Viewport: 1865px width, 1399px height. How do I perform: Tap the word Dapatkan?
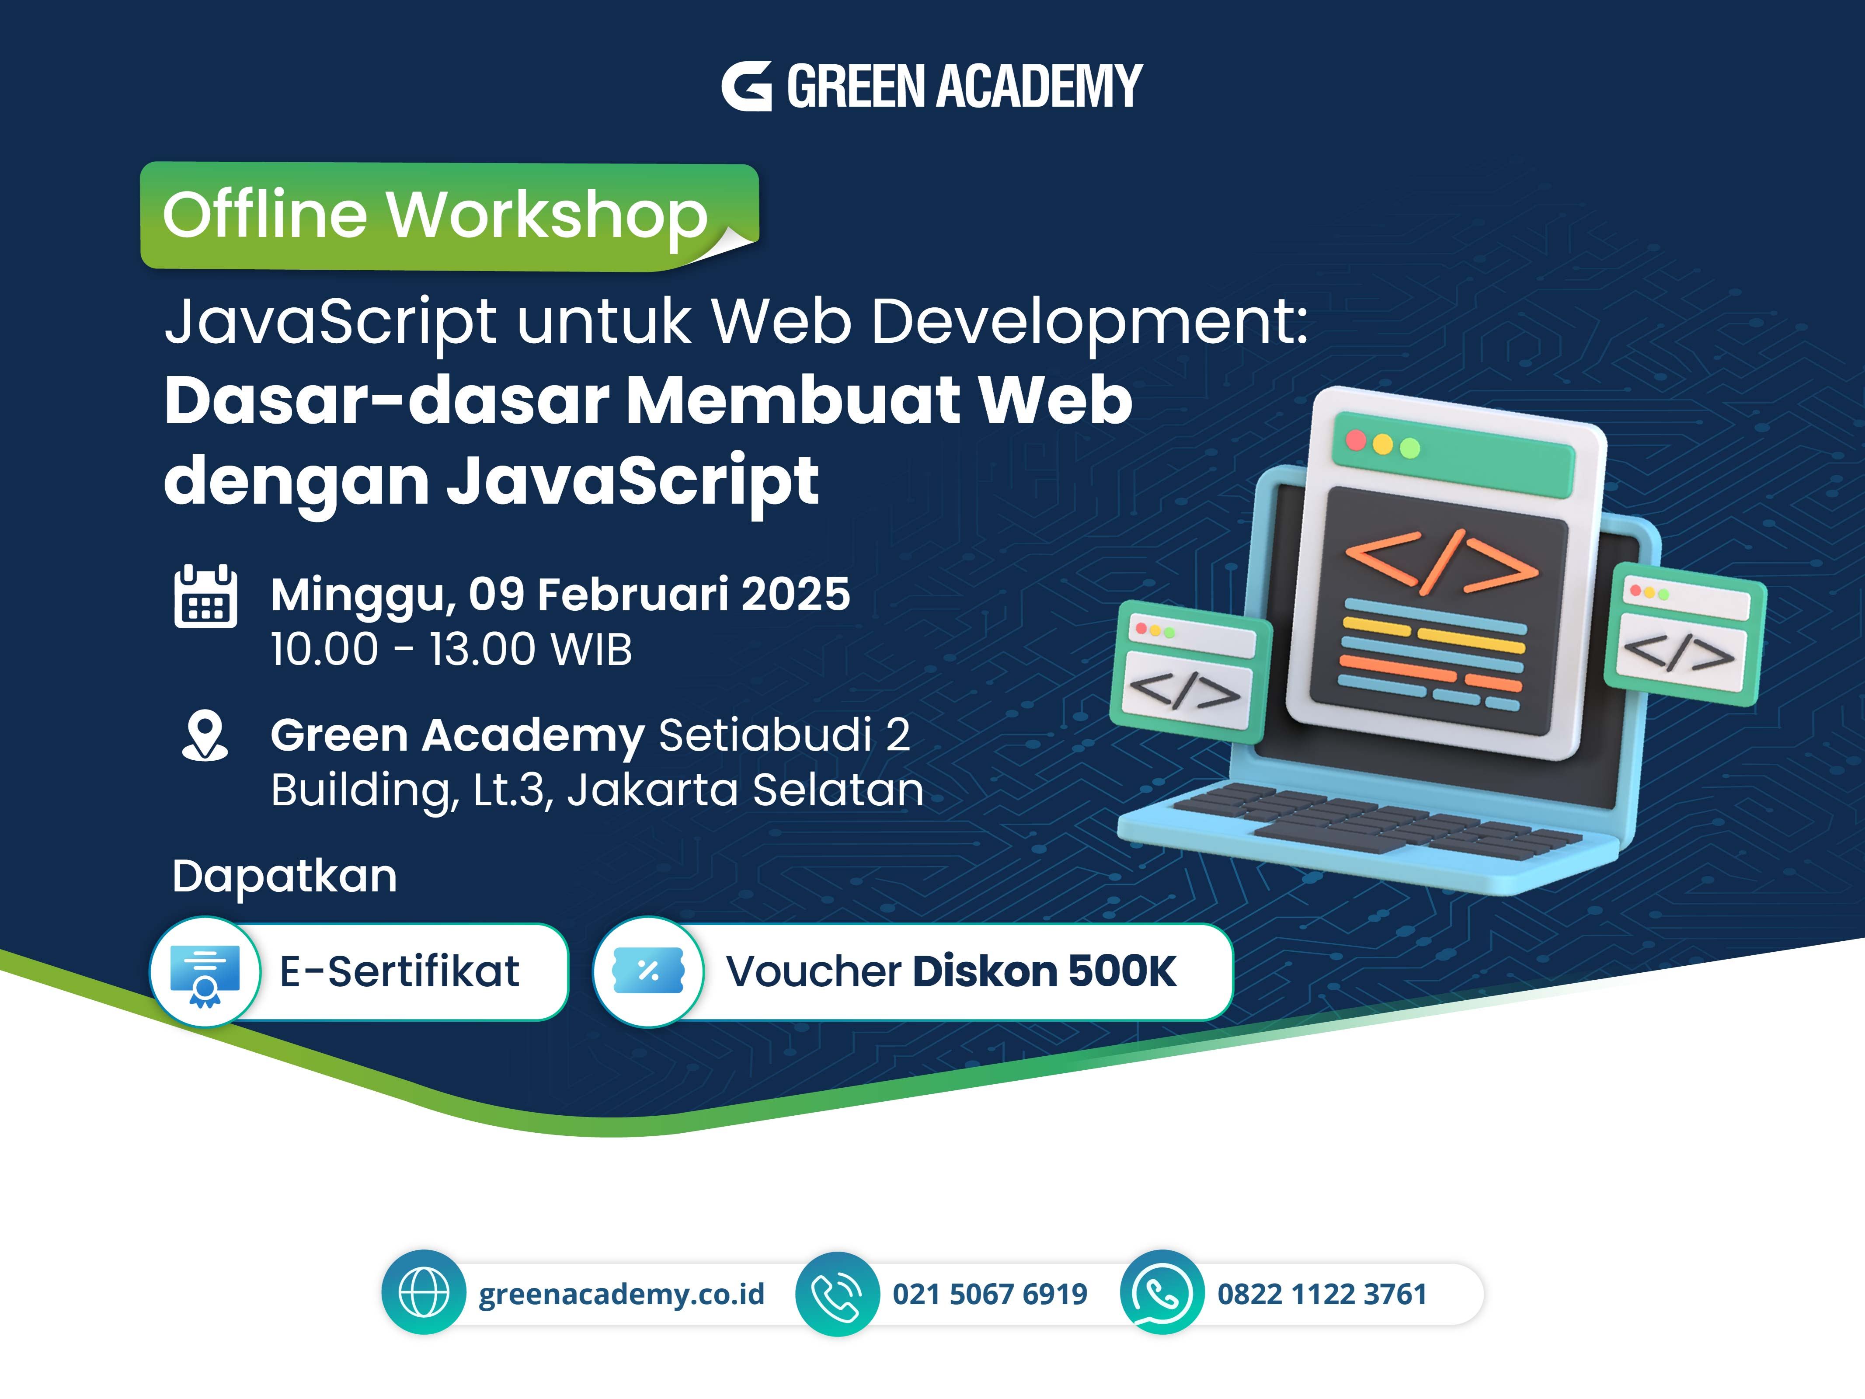point(284,876)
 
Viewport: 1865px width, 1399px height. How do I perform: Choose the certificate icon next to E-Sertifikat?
point(205,972)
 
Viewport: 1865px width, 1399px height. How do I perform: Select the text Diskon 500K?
point(1044,971)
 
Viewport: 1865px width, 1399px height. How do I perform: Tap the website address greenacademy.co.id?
point(621,1294)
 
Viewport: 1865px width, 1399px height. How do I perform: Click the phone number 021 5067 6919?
point(990,1294)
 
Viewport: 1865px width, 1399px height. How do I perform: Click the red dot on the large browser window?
point(1356,439)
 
